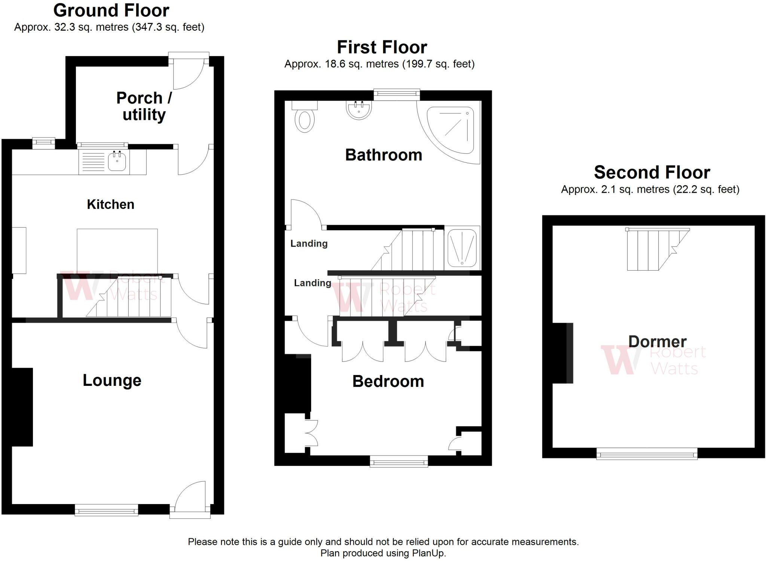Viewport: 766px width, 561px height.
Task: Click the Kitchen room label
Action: coord(110,204)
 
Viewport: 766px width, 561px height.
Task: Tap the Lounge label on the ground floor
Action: coord(112,380)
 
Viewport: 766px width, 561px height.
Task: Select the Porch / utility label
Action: coord(144,106)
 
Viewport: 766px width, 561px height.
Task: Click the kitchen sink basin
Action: coord(117,162)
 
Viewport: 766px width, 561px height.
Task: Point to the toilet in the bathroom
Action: coord(304,117)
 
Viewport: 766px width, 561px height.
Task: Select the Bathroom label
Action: coord(383,155)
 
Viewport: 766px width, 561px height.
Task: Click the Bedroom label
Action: coord(388,381)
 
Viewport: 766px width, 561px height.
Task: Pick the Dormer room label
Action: coord(657,342)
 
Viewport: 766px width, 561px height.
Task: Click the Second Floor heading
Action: coord(652,173)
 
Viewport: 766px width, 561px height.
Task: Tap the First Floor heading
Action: coord(382,47)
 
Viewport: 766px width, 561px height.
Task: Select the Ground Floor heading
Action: coord(111,10)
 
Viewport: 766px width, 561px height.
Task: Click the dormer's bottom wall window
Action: coord(647,453)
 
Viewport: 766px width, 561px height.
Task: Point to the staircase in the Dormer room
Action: coord(657,249)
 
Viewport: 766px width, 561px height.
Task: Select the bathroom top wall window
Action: coord(396,95)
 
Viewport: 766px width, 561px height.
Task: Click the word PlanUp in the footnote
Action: coord(429,553)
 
